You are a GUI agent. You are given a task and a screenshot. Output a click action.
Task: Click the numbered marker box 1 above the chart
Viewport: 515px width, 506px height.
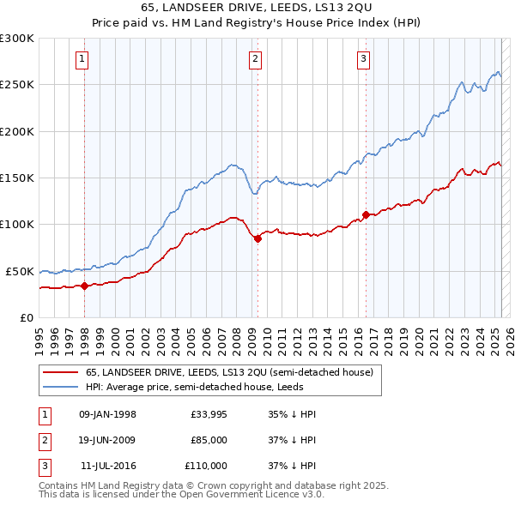tap(82, 59)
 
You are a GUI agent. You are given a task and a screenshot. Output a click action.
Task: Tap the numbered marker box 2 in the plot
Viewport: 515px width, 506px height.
tap(256, 59)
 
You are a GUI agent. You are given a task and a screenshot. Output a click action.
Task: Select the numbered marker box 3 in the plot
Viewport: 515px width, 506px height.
tap(363, 59)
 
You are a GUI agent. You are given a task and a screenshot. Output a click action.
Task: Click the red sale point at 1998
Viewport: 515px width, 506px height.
tap(84, 286)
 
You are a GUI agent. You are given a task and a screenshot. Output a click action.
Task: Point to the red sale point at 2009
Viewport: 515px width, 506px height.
tap(257, 239)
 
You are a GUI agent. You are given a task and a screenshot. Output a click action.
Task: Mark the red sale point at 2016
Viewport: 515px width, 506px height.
tap(365, 215)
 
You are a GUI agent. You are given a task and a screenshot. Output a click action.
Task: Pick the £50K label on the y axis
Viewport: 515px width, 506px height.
tap(20, 271)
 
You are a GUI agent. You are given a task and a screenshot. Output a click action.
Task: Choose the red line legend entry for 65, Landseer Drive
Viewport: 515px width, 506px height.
tap(228, 372)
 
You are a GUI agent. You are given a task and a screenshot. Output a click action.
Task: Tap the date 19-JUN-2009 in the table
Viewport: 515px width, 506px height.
tap(107, 440)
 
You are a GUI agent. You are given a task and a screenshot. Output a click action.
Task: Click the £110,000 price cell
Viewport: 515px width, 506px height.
tap(206, 466)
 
